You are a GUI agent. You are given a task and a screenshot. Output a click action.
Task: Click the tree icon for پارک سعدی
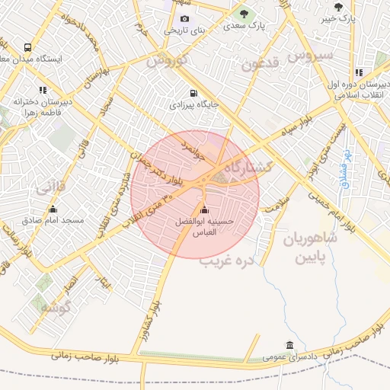click(244, 12)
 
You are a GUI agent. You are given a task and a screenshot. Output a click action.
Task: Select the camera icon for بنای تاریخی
click(184, 18)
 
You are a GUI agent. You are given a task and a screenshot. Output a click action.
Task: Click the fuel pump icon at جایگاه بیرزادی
click(193, 93)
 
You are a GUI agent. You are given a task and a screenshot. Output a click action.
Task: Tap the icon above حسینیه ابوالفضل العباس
click(203, 210)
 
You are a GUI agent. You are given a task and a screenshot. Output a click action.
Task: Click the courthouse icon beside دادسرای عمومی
click(289, 344)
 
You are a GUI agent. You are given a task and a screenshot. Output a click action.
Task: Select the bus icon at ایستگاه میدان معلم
click(28, 46)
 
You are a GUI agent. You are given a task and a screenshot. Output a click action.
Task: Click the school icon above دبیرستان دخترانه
click(43, 89)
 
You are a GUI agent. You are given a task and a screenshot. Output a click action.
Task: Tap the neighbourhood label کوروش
click(167, 59)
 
